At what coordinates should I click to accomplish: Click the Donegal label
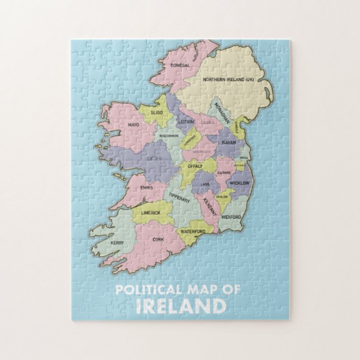pyautogui.click(x=179, y=65)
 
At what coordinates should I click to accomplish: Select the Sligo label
pyautogui.click(x=149, y=112)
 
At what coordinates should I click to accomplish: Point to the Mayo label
pyautogui.click(x=133, y=125)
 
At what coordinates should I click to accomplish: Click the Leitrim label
pyautogui.click(x=186, y=121)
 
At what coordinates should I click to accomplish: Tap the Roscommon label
pyautogui.click(x=169, y=136)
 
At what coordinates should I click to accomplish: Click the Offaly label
pyautogui.click(x=195, y=166)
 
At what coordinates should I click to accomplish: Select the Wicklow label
pyautogui.click(x=240, y=183)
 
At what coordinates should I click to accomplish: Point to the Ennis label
pyautogui.click(x=147, y=188)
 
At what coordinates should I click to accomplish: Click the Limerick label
pyautogui.click(x=150, y=213)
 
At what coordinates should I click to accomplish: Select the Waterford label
pyautogui.click(x=193, y=231)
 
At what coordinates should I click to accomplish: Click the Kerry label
pyautogui.click(x=117, y=243)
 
